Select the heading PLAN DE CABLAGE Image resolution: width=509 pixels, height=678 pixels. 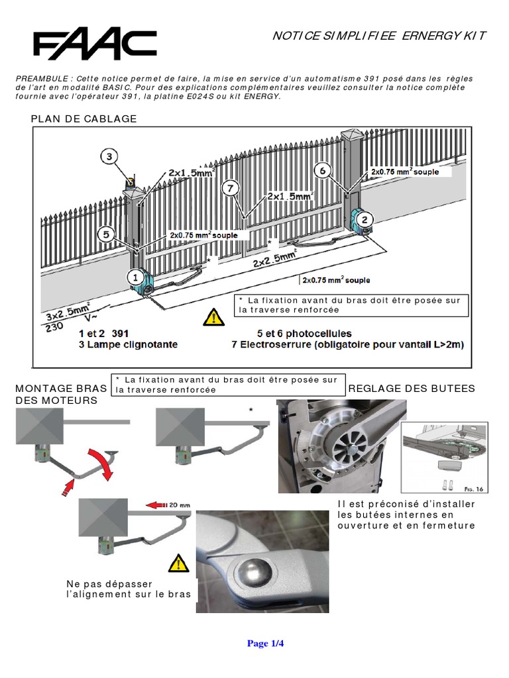point(84,119)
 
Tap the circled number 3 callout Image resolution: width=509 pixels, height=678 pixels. point(110,157)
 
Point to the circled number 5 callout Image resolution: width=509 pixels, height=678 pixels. point(106,234)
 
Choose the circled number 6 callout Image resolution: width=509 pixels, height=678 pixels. point(323,170)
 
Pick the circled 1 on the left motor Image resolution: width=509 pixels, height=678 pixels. point(133,276)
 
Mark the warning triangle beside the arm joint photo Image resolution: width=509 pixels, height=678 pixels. point(178,563)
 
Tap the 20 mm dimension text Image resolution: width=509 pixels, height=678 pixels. point(179,505)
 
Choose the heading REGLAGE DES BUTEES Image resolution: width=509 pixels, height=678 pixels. point(412,389)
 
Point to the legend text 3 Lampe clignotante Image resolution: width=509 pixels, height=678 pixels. point(128,345)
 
